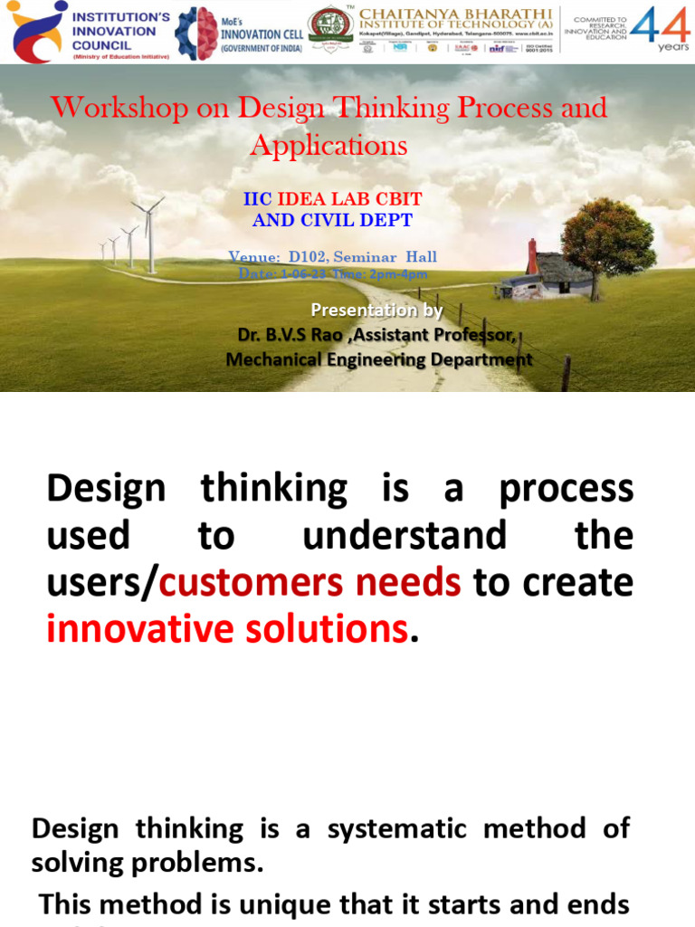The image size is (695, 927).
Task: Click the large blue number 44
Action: click(659, 27)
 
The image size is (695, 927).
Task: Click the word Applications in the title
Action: click(328, 145)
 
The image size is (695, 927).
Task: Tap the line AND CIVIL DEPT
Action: click(332, 220)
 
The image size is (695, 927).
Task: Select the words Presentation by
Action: click(376, 311)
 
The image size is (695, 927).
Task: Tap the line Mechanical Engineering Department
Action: click(379, 359)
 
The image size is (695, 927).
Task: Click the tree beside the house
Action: click(607, 239)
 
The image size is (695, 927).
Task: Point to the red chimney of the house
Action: click(532, 255)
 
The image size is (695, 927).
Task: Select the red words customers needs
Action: click(309, 582)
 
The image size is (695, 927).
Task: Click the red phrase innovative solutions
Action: click(226, 629)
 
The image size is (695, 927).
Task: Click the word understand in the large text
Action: click(405, 536)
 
